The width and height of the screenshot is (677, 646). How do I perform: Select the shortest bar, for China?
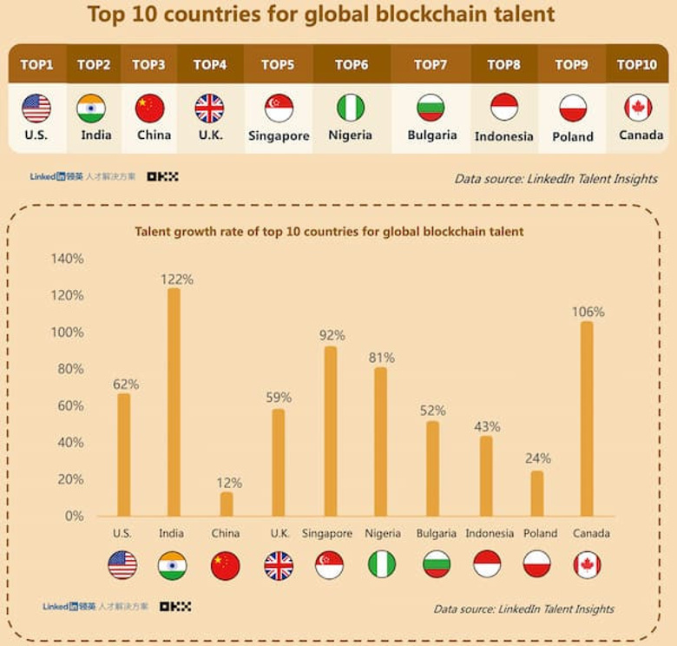coord(227,504)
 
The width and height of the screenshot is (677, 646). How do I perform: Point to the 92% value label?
coord(332,335)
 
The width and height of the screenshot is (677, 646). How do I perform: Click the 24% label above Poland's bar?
coord(537,458)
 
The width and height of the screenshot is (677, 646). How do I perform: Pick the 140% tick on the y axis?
coord(68,259)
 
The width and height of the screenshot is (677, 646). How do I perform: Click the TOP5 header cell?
coord(278,64)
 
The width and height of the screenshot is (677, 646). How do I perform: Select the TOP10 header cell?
coord(637,64)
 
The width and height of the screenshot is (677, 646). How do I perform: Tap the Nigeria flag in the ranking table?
coord(351,108)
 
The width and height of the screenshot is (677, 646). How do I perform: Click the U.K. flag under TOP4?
coord(209,109)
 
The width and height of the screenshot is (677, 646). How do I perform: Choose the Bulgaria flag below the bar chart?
coord(437,564)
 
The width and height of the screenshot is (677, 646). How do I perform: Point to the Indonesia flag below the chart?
coord(487,564)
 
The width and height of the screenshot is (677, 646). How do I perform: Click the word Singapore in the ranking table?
coord(279,136)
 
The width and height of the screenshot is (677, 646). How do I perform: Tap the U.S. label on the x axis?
coord(122,533)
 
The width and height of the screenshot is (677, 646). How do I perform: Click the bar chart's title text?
coord(329,232)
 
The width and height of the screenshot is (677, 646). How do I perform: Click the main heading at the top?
coord(320,16)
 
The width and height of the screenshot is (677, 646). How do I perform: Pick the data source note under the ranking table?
coord(555,179)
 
